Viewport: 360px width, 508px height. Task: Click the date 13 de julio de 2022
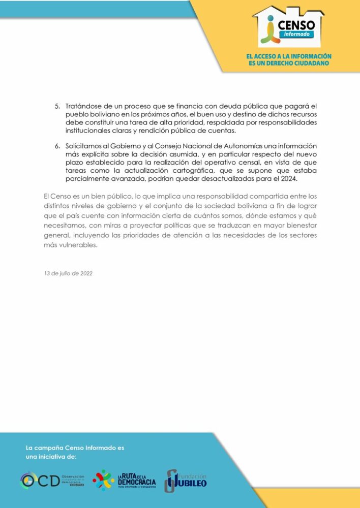pyautogui.click(x=68, y=273)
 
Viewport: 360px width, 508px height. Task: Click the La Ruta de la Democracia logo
pyautogui.click(x=124, y=480)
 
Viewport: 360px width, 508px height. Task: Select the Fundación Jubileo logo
pyautogui.click(x=185, y=480)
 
